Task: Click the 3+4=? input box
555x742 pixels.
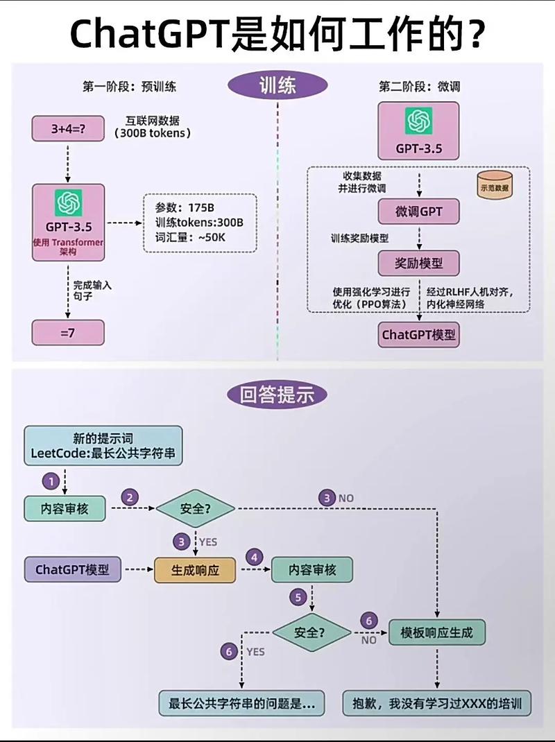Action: (67, 129)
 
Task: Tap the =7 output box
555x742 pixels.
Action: (67, 332)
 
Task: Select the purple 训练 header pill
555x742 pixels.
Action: (277, 85)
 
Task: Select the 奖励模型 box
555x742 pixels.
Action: (418, 264)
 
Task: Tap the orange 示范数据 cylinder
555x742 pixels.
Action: (494, 187)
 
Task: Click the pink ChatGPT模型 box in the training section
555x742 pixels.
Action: (418, 334)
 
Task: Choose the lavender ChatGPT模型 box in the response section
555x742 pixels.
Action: (72, 570)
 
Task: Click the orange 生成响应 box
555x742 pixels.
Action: (195, 570)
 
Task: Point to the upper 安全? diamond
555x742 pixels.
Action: (195, 508)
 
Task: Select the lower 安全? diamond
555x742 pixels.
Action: (311, 632)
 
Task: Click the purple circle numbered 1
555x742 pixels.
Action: (50, 480)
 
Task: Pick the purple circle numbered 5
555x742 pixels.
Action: (298, 597)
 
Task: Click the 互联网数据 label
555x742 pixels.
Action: (152, 120)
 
